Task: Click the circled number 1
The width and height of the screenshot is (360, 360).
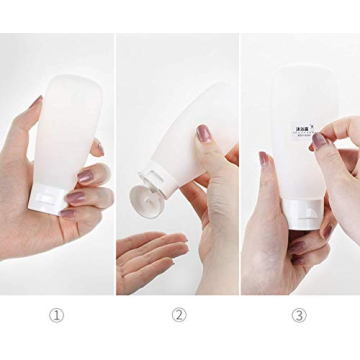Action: tap(57, 315)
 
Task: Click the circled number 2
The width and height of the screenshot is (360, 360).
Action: tap(179, 315)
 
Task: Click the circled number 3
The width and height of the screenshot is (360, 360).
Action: tap(300, 315)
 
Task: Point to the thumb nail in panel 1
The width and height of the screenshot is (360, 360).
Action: tap(34, 104)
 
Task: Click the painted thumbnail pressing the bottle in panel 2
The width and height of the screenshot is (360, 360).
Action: tap(202, 133)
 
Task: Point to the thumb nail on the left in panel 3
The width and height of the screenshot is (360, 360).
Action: tap(264, 158)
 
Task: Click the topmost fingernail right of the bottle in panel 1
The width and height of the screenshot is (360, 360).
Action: tap(98, 148)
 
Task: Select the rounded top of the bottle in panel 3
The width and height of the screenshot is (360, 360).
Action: tap(300, 72)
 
